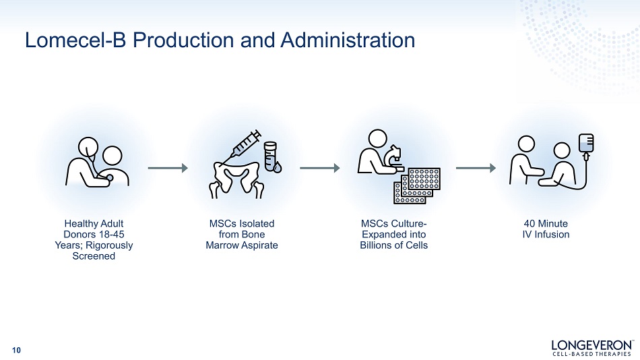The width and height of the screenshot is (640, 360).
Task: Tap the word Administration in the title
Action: click(x=348, y=40)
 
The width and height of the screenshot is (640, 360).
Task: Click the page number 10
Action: click(x=16, y=350)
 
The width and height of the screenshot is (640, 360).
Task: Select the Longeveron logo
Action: click(x=593, y=348)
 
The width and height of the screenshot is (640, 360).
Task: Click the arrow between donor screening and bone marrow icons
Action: click(x=168, y=168)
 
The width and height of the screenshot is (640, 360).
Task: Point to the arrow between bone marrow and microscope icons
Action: click(x=319, y=168)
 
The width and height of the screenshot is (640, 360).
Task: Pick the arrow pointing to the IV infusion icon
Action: click(x=476, y=168)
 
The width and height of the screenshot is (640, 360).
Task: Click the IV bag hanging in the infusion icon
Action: click(x=586, y=144)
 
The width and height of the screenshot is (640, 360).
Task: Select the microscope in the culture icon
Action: click(x=395, y=158)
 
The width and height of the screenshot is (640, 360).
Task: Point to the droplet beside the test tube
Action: click(x=278, y=168)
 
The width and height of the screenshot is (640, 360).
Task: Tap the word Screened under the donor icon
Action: click(x=94, y=256)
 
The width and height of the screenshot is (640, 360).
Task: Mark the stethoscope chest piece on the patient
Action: click(x=109, y=177)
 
